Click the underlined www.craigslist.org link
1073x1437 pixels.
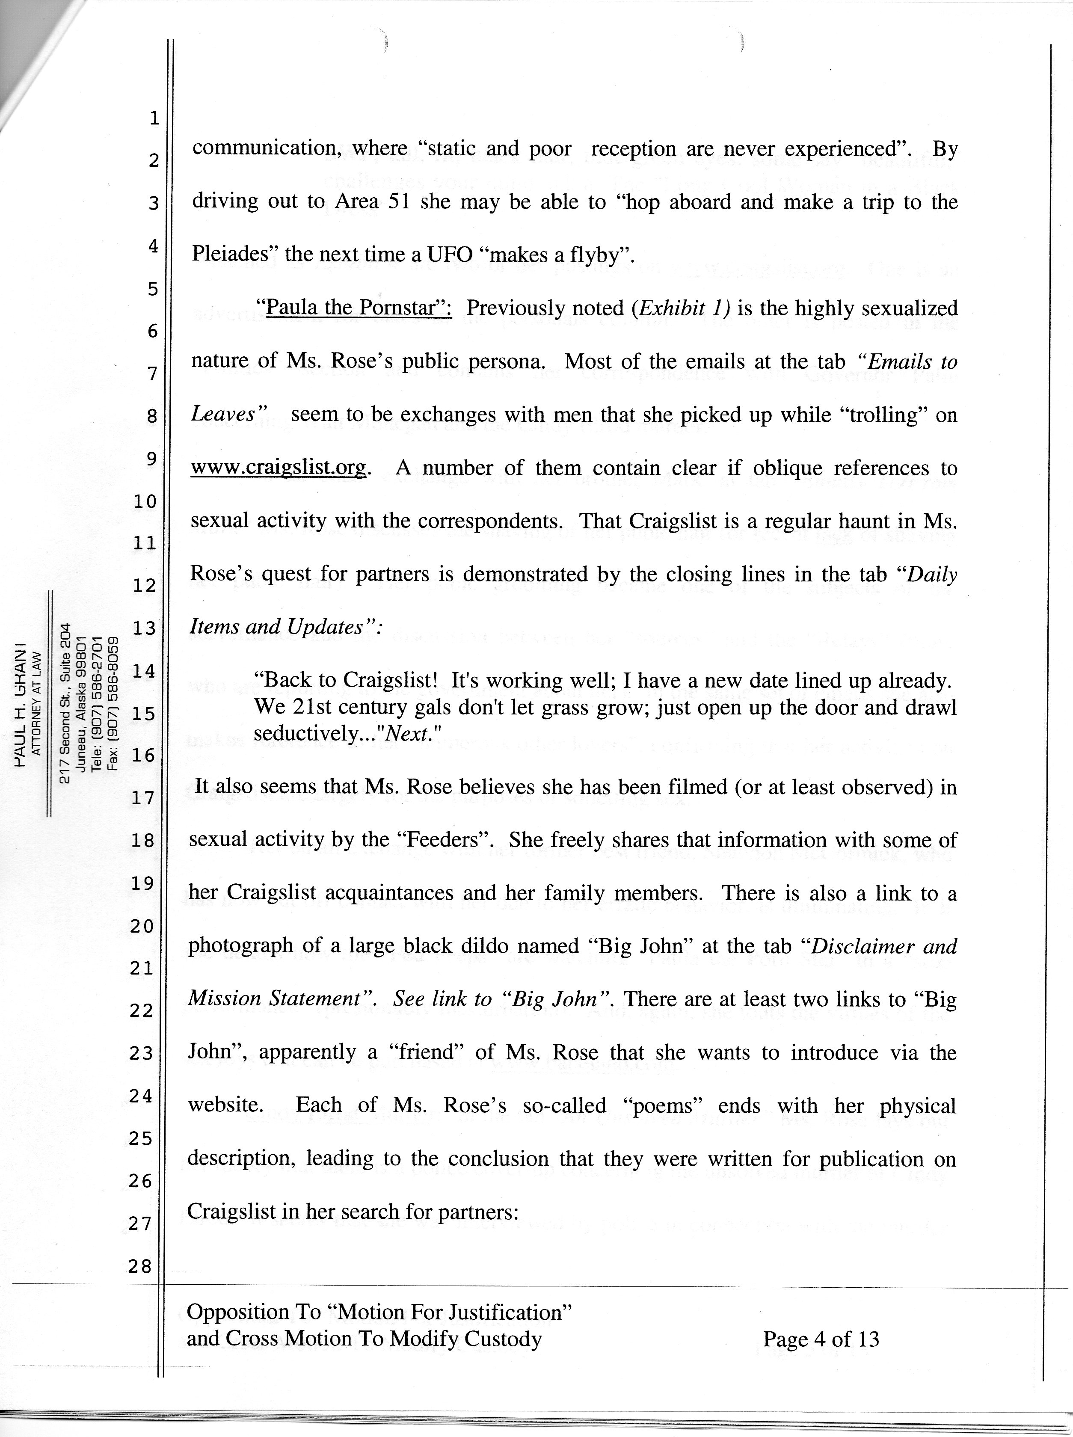[279, 468]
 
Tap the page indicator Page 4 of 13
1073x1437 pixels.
[821, 1339]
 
